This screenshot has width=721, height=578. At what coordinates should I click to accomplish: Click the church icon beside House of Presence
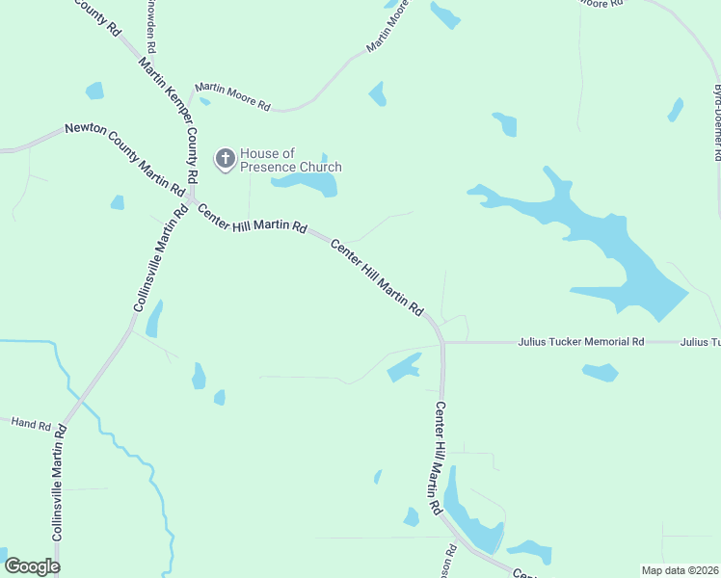pos(225,159)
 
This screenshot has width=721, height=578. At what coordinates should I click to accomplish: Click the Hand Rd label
pos(30,422)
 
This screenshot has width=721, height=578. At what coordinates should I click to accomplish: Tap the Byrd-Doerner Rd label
pos(717,121)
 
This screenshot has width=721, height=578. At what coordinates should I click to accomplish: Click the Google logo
pos(32,566)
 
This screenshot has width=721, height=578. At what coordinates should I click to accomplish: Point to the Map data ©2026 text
pos(680,570)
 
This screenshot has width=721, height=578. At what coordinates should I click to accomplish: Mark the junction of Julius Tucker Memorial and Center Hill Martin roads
pos(442,342)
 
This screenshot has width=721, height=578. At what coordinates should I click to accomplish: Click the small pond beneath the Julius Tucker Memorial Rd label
pos(600,372)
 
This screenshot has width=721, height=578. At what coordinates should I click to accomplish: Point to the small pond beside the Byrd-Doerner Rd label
pos(676,110)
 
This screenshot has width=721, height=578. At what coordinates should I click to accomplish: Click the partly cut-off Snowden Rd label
pos(151,26)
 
